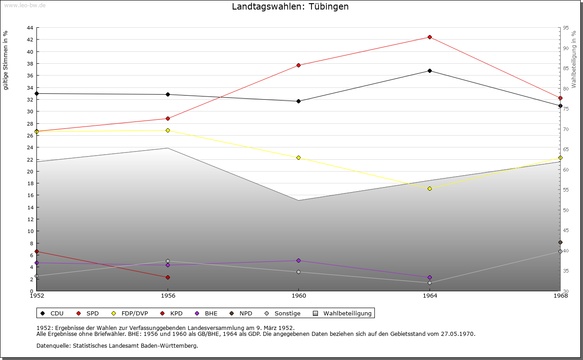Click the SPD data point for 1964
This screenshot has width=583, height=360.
click(x=430, y=37)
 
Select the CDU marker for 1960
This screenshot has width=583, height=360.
click(x=298, y=101)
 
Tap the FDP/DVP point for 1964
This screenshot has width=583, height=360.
click(x=430, y=188)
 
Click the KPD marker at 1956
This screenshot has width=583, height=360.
click(x=168, y=277)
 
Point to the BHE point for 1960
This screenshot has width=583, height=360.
click(x=298, y=260)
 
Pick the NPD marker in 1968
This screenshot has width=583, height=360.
click(x=560, y=242)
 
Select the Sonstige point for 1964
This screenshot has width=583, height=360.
click(x=430, y=283)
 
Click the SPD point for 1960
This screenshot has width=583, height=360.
click(x=298, y=65)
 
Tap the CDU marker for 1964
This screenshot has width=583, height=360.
click(x=430, y=71)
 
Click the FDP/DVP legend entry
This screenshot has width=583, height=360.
click(x=131, y=313)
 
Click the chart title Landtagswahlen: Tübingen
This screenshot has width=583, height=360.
click(x=290, y=6)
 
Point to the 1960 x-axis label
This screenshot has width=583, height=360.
click(x=298, y=296)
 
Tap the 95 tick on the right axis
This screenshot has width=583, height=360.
click(x=566, y=28)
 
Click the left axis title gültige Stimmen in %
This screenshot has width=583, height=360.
click(x=5, y=60)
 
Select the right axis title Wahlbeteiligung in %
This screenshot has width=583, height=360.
click(x=574, y=59)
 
